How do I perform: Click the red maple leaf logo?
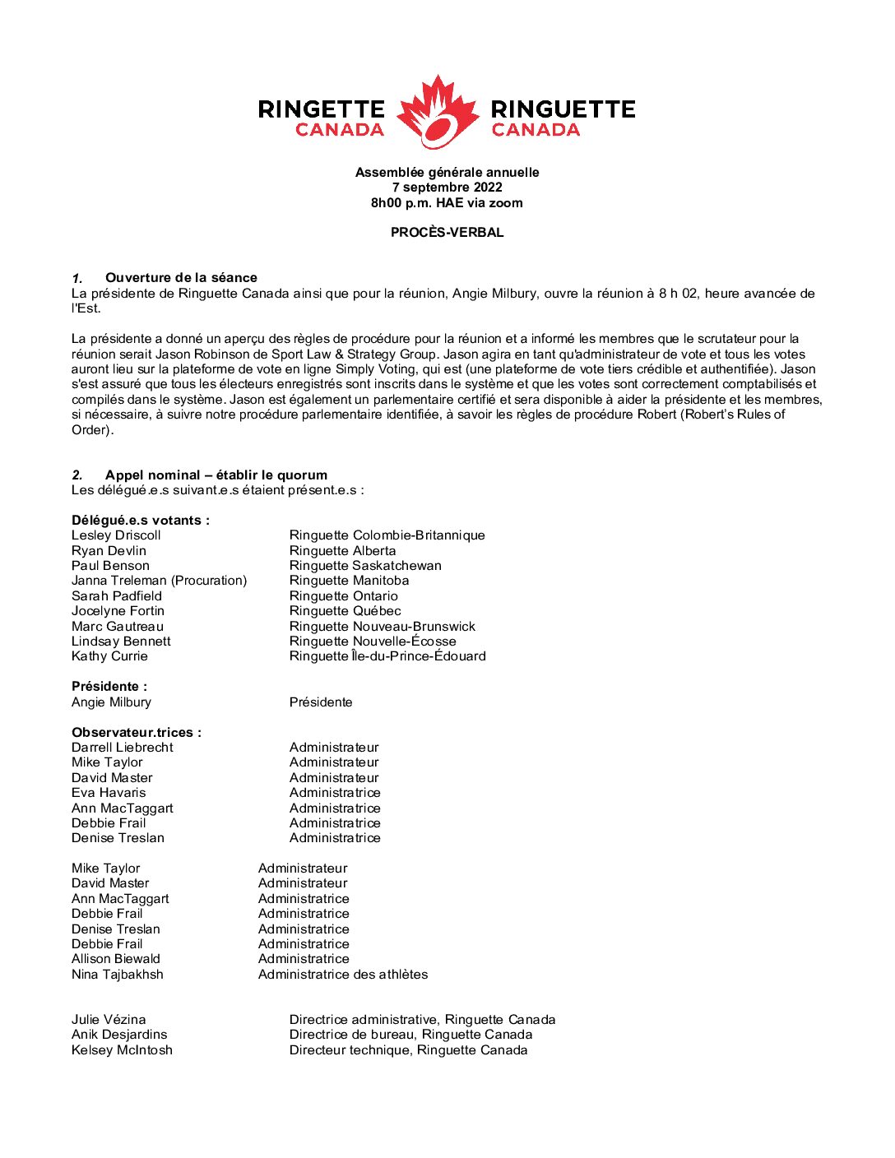[x=438, y=112]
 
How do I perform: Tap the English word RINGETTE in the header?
[x=321, y=109]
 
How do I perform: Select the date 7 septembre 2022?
[x=447, y=188]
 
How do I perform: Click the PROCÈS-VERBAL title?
[x=447, y=233]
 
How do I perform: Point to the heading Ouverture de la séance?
[x=181, y=278]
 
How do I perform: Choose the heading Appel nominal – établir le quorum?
[x=216, y=475]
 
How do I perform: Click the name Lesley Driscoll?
[x=116, y=535]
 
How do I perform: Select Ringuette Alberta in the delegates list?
[x=342, y=551]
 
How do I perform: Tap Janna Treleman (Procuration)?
[x=159, y=581]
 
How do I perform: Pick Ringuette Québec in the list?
[x=345, y=611]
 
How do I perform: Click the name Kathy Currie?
[x=109, y=656]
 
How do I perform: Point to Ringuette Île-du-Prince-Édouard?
[x=387, y=656]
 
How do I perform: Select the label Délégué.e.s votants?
[x=140, y=521]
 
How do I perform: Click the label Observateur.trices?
[x=136, y=733]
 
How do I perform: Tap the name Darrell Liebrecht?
[x=123, y=748]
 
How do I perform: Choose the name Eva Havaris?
[x=109, y=793]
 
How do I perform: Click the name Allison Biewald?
[x=116, y=959]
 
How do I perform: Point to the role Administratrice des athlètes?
[x=343, y=975]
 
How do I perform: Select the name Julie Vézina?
[x=109, y=1020]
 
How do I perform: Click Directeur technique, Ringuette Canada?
[x=408, y=1050]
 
